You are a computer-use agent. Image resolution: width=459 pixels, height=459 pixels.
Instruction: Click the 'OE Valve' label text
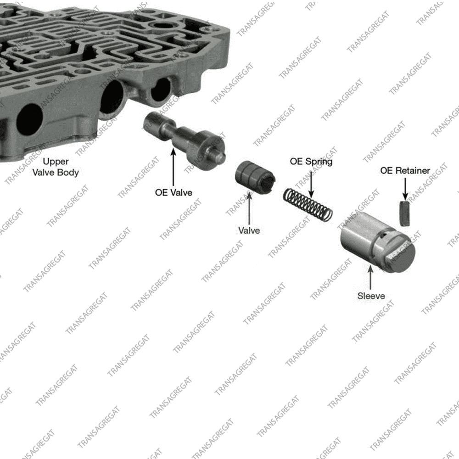[x=174, y=193]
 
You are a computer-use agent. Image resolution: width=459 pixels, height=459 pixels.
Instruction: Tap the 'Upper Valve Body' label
[x=56, y=167]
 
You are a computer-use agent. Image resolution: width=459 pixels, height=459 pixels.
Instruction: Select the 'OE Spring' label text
[x=311, y=162]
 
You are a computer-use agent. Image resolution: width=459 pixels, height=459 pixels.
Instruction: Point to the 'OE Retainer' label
[x=405, y=171]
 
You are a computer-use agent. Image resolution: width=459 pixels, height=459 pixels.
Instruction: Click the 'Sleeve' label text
[x=371, y=296]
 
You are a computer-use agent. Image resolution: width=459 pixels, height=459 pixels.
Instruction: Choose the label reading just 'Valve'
[x=249, y=230]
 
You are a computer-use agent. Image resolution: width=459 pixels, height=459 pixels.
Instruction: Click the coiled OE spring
[x=308, y=204]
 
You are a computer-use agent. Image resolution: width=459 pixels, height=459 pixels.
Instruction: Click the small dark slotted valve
[x=255, y=177]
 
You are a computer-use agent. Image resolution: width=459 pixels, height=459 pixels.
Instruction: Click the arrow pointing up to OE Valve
[x=174, y=167]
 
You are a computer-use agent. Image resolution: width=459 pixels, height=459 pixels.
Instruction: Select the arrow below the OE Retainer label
[x=405, y=189]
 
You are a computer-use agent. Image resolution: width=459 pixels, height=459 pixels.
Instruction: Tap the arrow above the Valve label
[x=249, y=208]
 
